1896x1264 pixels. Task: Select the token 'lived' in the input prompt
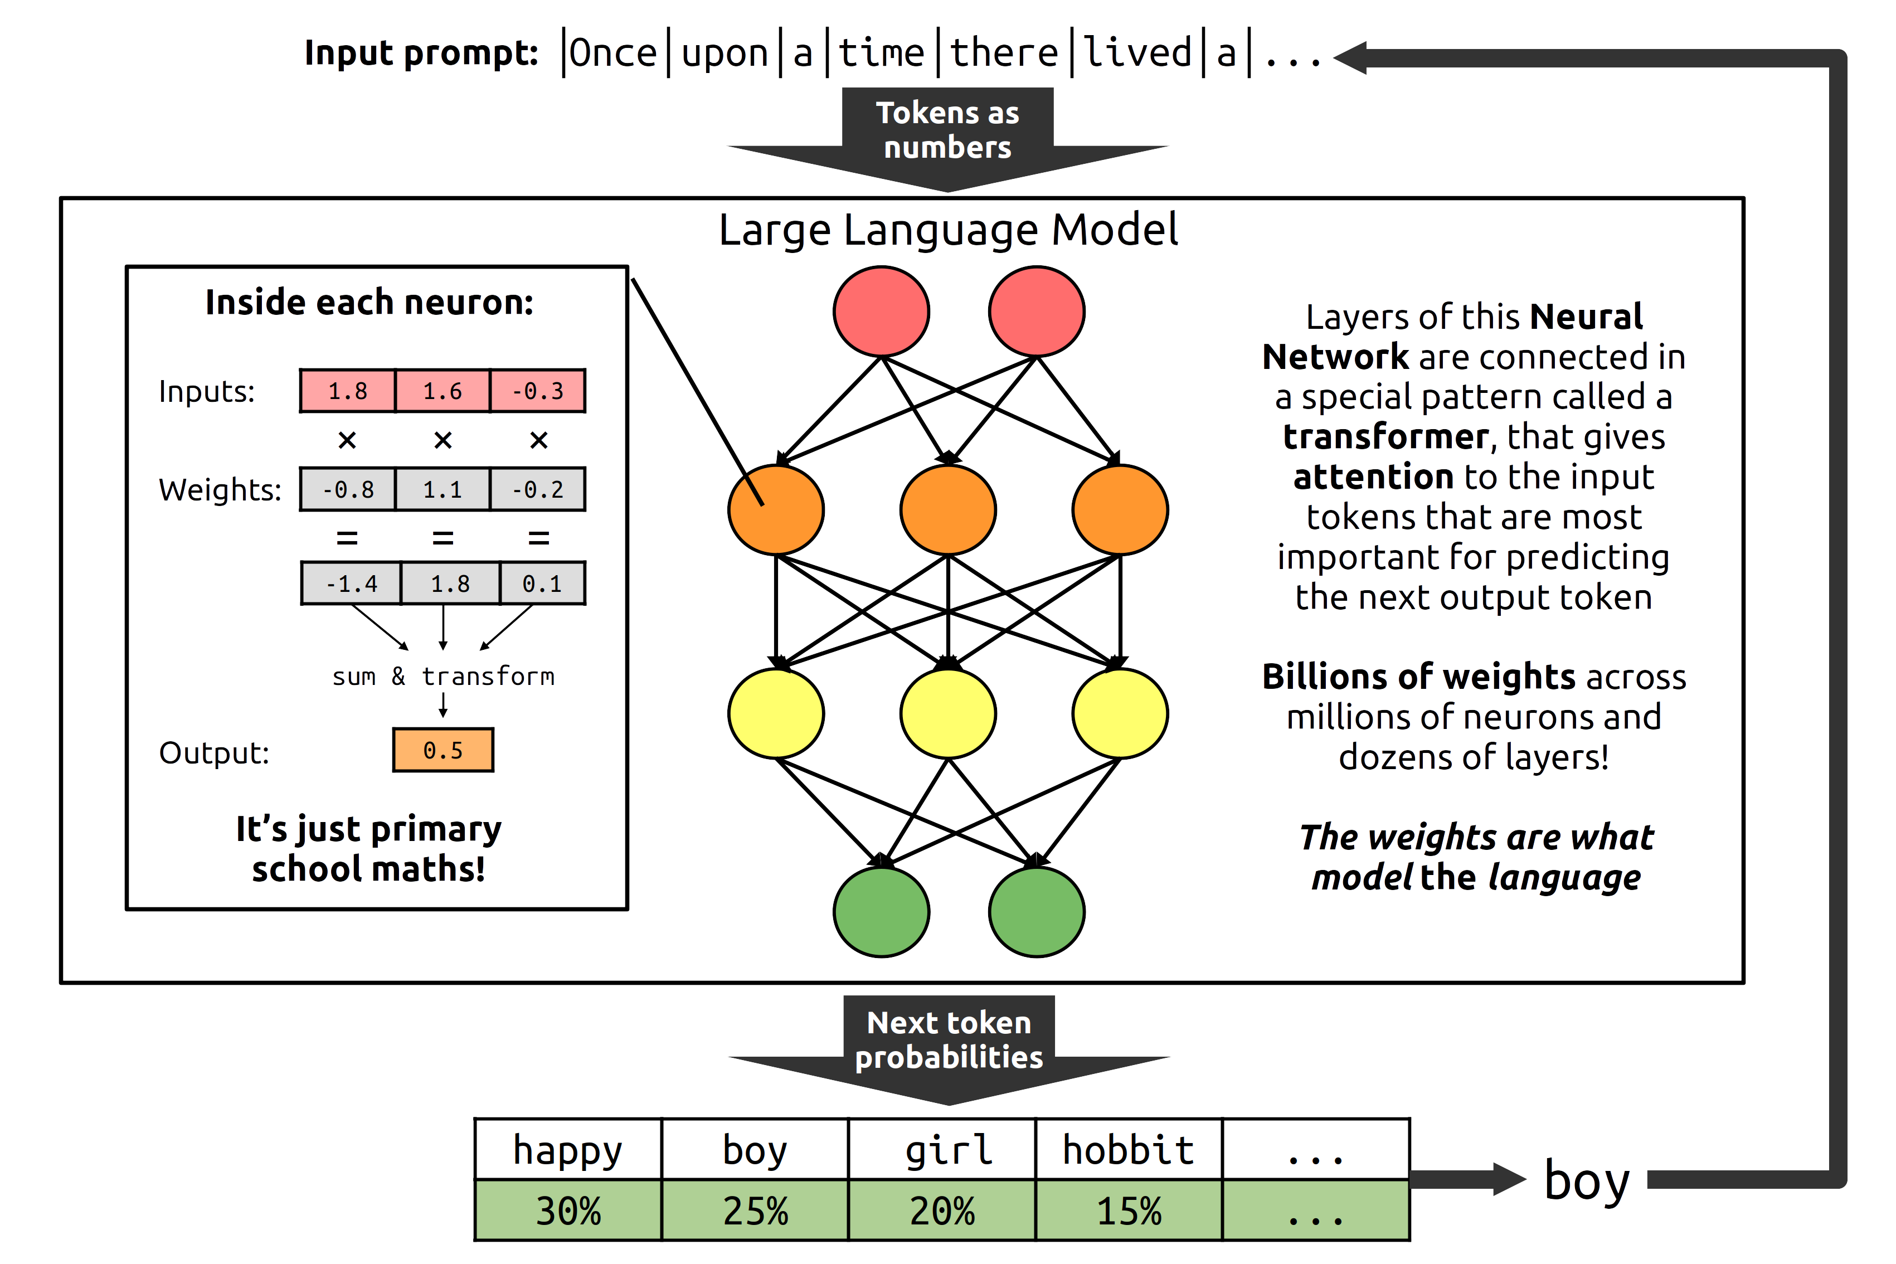point(1136,53)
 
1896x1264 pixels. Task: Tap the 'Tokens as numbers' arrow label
point(947,130)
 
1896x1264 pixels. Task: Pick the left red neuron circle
point(881,311)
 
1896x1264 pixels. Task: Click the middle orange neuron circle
point(948,509)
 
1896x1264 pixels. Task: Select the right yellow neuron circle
point(1120,713)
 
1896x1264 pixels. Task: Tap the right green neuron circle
point(1036,912)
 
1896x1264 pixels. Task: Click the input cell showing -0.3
point(538,391)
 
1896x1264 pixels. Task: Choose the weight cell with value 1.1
point(443,489)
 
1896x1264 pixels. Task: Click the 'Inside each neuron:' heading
point(369,302)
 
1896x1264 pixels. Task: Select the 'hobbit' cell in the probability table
point(1128,1150)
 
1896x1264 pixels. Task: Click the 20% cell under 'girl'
point(941,1211)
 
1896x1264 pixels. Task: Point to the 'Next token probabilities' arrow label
point(949,1040)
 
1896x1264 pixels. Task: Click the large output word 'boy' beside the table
point(1587,1181)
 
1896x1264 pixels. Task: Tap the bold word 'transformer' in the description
point(1385,436)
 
